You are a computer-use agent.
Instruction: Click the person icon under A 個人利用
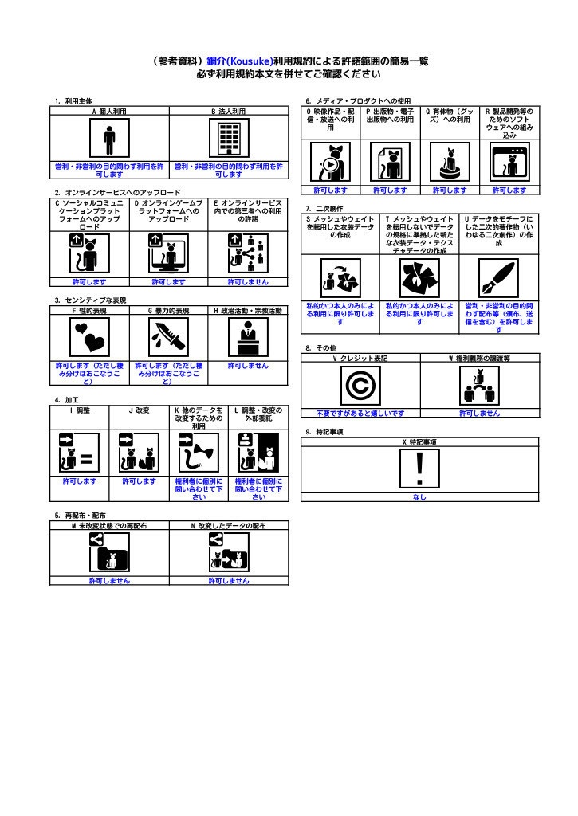(109, 138)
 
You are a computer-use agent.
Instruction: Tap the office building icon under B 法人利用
(229, 138)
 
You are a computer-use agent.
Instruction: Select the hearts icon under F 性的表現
(89, 337)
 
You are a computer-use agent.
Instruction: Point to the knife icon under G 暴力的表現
(169, 337)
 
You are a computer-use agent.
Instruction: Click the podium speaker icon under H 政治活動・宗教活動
(249, 337)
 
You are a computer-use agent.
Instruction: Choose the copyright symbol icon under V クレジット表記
(360, 386)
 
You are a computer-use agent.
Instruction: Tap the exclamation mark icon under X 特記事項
(419, 469)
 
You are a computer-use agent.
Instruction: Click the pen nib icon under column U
(499, 278)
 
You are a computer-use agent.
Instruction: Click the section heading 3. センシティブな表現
(91, 300)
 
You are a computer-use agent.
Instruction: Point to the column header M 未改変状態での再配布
(109, 526)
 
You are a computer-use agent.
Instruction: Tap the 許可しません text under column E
(249, 282)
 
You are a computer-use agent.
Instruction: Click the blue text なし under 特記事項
(419, 497)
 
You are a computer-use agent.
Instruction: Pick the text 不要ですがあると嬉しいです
(360, 414)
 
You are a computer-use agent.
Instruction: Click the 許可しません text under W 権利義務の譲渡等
(480, 414)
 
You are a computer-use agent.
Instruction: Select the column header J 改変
(139, 410)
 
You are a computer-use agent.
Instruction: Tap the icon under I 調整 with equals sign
(80, 453)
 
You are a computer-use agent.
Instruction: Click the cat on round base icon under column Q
(450, 163)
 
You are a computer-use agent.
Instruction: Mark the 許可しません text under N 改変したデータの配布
(229, 581)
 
